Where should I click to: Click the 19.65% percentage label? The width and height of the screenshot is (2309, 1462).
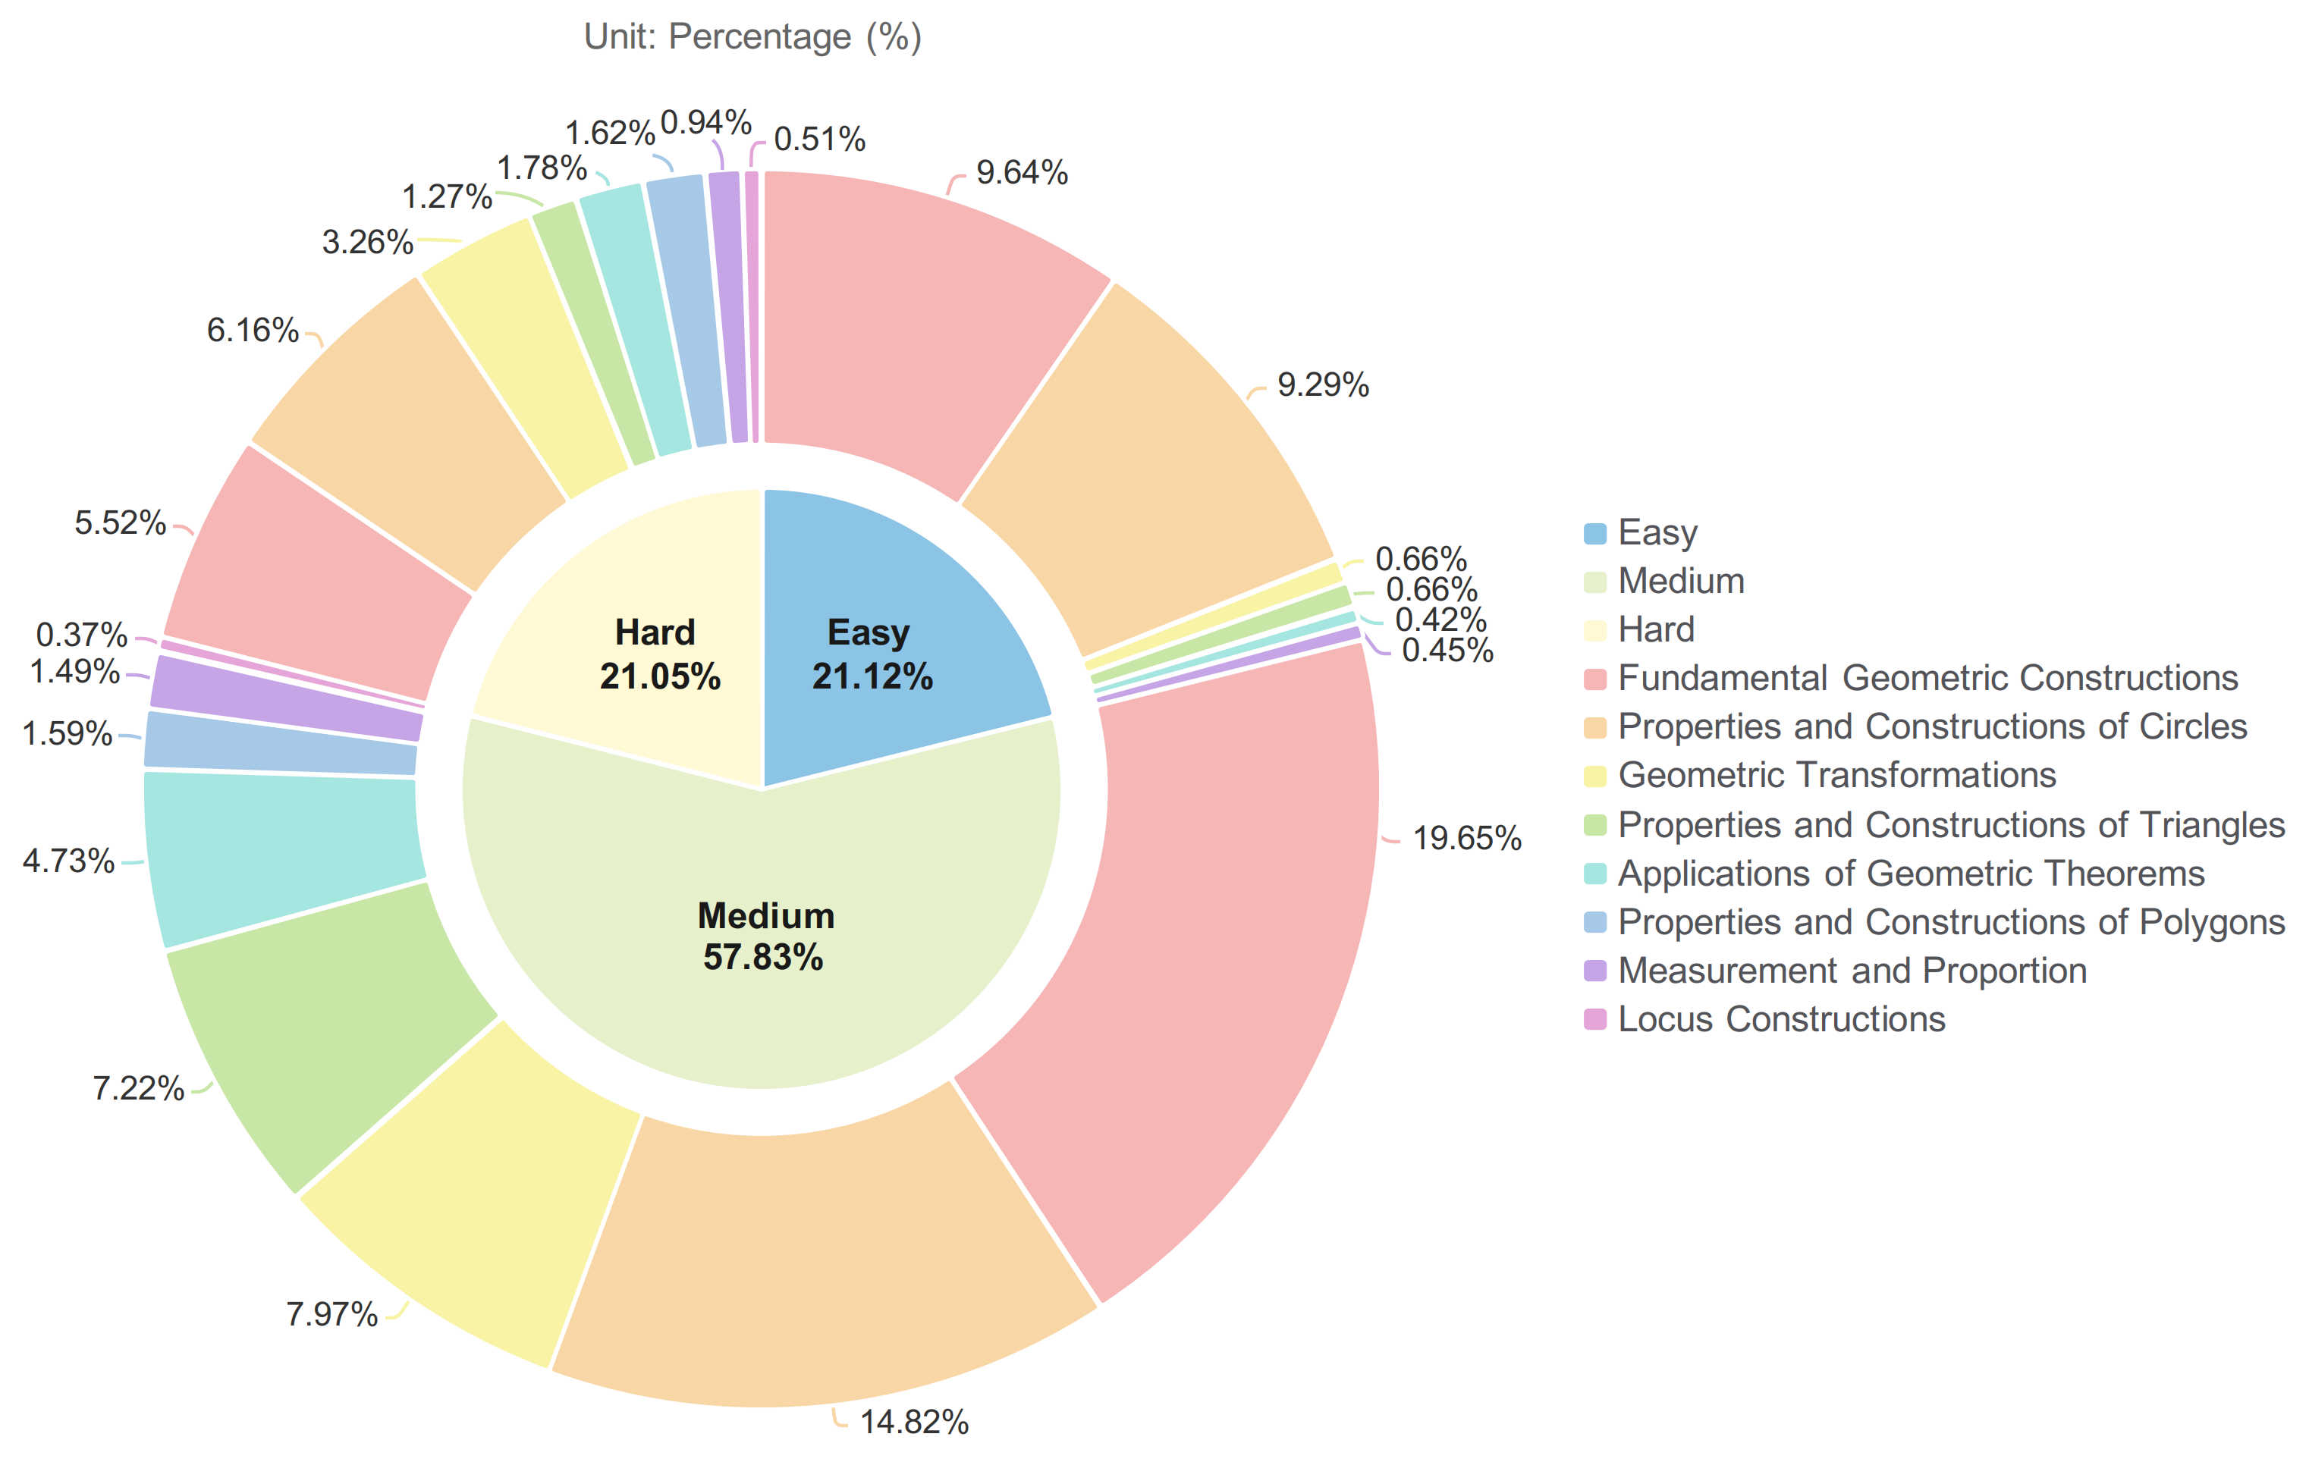click(1467, 839)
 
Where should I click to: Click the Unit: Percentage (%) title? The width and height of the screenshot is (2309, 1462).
click(752, 36)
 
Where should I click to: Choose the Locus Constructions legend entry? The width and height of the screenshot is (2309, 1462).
click(1780, 1019)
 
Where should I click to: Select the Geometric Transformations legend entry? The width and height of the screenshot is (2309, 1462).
click(1836, 776)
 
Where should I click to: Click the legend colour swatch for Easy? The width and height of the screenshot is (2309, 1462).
click(1594, 533)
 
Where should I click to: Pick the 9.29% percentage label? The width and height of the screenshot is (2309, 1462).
click(1322, 385)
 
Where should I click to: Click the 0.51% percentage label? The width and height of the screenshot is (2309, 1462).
click(819, 140)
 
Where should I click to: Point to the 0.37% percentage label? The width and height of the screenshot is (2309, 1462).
click(81, 635)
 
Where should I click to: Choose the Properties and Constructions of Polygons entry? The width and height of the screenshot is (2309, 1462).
click(1950, 922)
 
